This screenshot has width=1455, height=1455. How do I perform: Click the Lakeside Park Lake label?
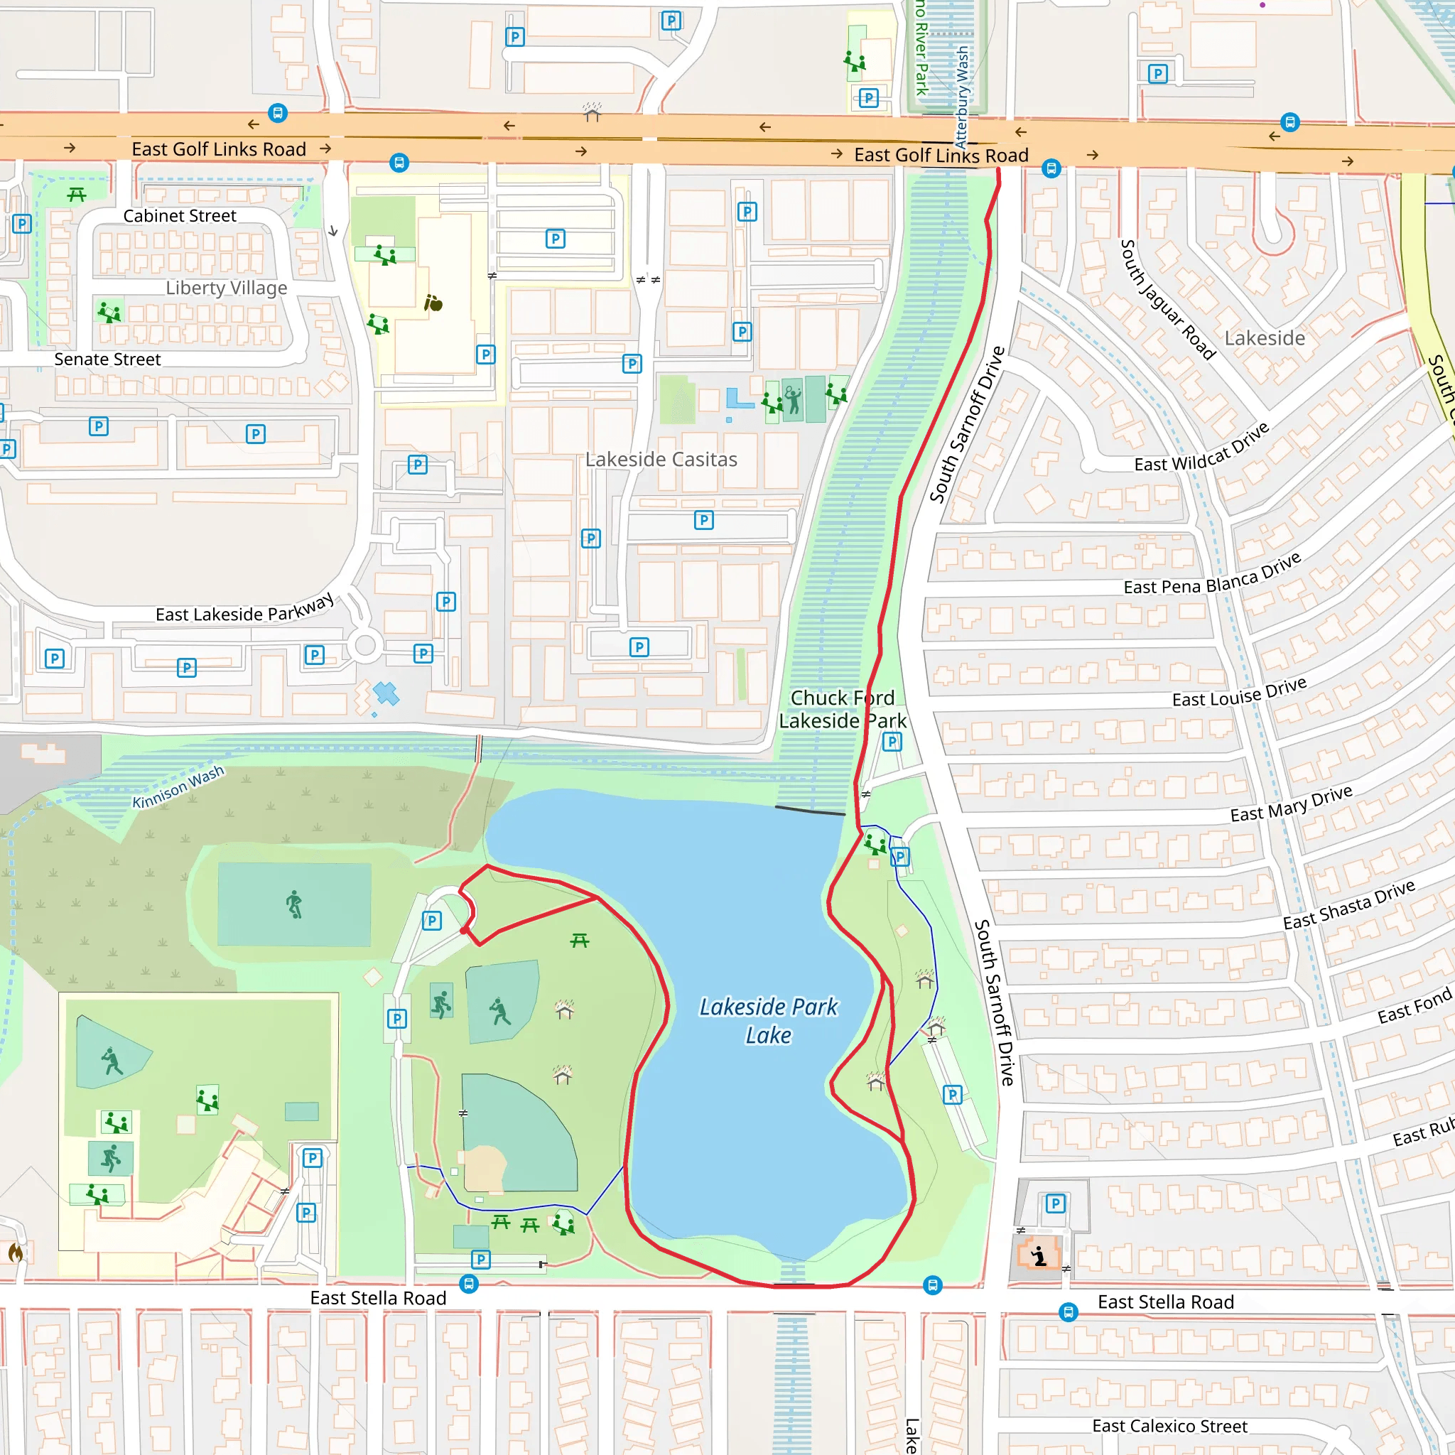click(x=768, y=1020)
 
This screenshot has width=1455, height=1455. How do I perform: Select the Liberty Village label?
click(x=226, y=288)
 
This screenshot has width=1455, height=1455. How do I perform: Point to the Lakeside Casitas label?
click(x=661, y=459)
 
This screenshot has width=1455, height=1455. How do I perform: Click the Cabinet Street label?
click(x=179, y=215)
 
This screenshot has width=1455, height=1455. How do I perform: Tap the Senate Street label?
click(x=107, y=359)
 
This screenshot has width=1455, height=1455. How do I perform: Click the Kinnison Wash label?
click(x=178, y=787)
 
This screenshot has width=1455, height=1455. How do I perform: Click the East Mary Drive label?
click(x=1291, y=804)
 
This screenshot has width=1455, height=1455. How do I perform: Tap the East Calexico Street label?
click(x=1169, y=1426)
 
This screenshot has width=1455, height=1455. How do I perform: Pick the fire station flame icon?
click(x=15, y=1253)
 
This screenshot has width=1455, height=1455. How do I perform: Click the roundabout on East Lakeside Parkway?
click(x=365, y=644)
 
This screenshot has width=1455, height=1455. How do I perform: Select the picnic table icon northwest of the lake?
click(x=579, y=940)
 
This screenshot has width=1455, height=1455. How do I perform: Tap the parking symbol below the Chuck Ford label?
click(x=892, y=742)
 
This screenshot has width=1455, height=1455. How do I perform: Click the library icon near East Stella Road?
click(x=1039, y=1255)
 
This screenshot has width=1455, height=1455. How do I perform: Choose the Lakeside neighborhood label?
click(x=1265, y=338)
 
